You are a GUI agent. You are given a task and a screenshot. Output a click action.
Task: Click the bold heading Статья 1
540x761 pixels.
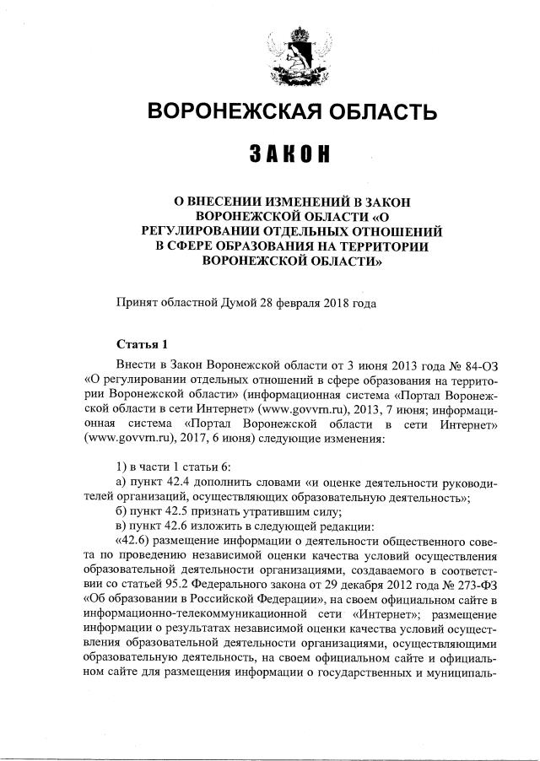click(x=143, y=344)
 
